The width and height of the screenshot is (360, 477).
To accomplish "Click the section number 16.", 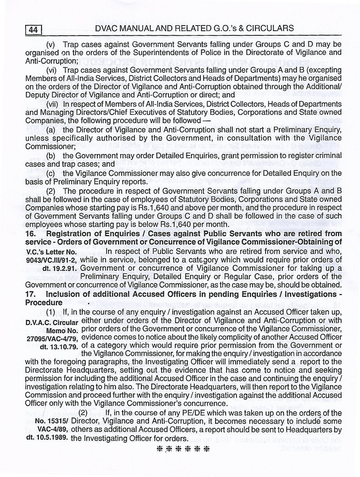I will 30,233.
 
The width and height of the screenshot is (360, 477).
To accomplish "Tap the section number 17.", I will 30,294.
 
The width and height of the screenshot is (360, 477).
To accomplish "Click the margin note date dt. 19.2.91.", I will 60,268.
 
